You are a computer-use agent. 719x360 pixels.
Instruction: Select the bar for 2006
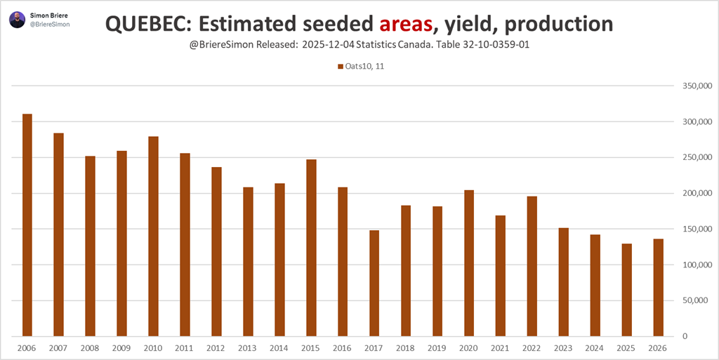coord(27,225)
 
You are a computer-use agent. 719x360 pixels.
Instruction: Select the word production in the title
coord(559,24)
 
